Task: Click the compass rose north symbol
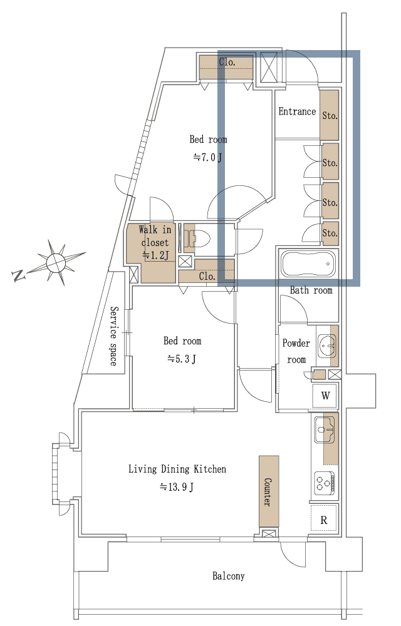56,262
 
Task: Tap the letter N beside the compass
18,275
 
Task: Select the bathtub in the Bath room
308,264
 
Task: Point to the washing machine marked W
325,396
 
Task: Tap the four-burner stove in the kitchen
325,483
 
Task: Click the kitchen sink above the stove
325,429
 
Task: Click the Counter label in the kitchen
268,492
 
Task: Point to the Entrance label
297,111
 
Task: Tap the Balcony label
229,576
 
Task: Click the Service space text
114,336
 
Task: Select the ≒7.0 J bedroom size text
207,157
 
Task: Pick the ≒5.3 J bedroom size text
182,359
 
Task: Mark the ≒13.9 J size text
177,486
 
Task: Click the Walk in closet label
155,236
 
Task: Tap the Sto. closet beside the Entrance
330,115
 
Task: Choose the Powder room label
296,351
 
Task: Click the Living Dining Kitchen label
177,469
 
